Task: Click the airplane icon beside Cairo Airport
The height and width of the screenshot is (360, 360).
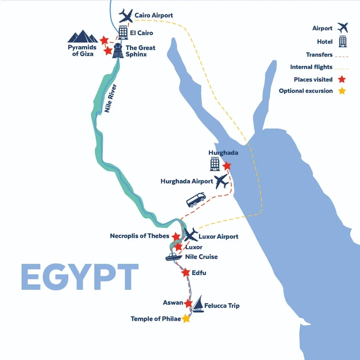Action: pyautogui.click(x=126, y=16)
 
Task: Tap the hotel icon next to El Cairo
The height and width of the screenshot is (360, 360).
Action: pyautogui.click(x=123, y=33)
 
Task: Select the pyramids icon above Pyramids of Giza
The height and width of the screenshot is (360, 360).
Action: pyautogui.click(x=83, y=37)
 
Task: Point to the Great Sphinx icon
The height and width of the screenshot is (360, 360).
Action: pyautogui.click(x=119, y=51)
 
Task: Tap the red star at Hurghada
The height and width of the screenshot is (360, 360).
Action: pyautogui.click(x=227, y=166)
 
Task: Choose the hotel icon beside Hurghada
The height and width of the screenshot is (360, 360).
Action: pyautogui.click(x=215, y=164)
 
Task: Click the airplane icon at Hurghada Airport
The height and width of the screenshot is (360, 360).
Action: pyautogui.click(x=221, y=181)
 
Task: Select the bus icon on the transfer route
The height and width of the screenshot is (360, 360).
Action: pyautogui.click(x=196, y=200)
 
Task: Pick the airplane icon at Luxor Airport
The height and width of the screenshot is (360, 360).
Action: pyautogui.click(x=190, y=234)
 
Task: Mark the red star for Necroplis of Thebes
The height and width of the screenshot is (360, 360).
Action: pyautogui.click(x=176, y=237)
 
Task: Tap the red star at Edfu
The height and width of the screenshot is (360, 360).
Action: pyautogui.click(x=186, y=273)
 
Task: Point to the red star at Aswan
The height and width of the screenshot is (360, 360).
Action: pyautogui.click(x=188, y=303)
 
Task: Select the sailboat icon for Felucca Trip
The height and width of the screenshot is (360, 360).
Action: pyautogui.click(x=198, y=305)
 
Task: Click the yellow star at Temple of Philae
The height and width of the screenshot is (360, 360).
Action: pyautogui.click(x=186, y=319)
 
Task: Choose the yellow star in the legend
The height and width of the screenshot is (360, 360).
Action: pyautogui.click(x=342, y=91)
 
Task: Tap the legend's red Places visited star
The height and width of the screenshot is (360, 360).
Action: pyautogui.click(x=342, y=79)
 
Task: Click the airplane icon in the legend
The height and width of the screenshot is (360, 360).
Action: pyautogui.click(x=342, y=28)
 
